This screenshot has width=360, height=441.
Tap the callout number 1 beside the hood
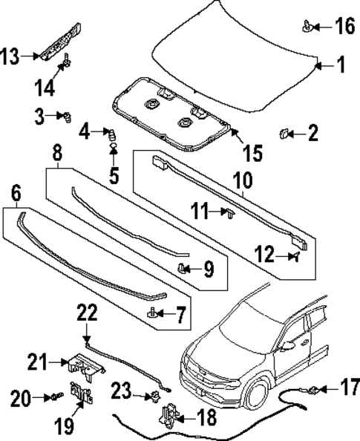point(341,66)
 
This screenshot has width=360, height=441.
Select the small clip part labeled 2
point(284,134)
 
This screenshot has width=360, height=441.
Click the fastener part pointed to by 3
point(67,116)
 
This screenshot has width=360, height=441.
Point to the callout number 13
point(10,55)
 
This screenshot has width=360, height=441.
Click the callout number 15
point(252,153)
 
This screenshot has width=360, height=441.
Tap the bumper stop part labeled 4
point(113,135)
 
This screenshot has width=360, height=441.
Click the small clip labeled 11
point(229,214)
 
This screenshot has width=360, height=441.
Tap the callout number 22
point(87,313)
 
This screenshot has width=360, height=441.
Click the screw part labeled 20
point(56,399)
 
